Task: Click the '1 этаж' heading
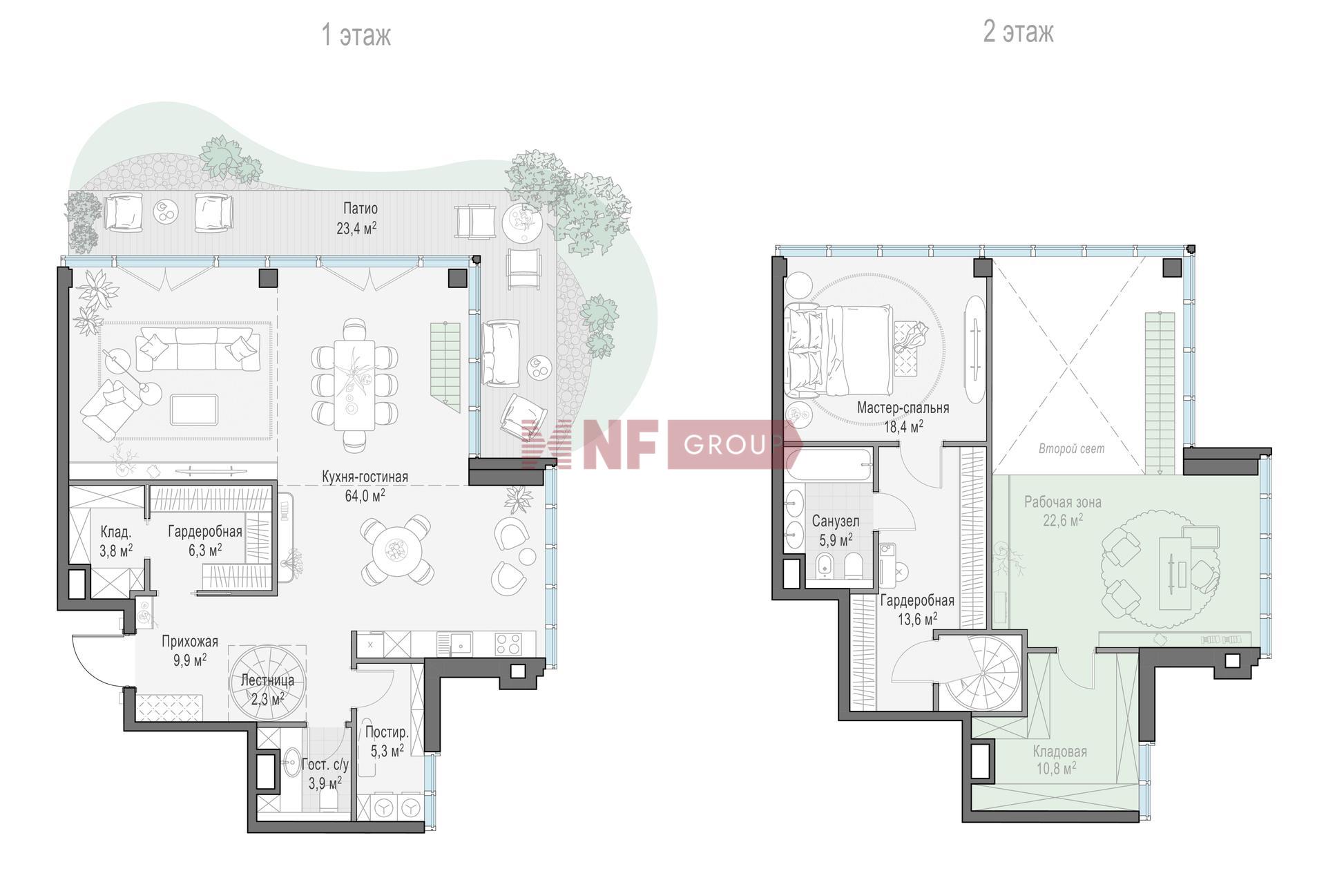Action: pyautogui.click(x=356, y=35)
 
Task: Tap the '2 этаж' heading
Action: pyautogui.click(x=1019, y=32)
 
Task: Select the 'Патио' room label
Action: pyautogui.click(x=361, y=208)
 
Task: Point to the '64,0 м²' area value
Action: pyautogui.click(x=365, y=495)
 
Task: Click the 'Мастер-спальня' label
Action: pyautogui.click(x=903, y=408)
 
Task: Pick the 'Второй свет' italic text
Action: pyautogui.click(x=1071, y=449)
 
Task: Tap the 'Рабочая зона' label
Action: pyautogui.click(x=1062, y=502)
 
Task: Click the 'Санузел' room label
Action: pyautogui.click(x=836, y=521)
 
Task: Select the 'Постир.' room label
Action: pyautogui.click(x=387, y=732)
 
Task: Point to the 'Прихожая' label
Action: pyautogui.click(x=190, y=642)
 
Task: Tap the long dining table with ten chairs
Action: pyautogui.click(x=354, y=385)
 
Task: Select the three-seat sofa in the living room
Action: pyautogui.click(x=198, y=349)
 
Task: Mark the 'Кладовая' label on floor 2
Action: pyautogui.click(x=1059, y=752)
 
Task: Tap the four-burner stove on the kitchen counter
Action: pyautogui.click(x=508, y=644)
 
